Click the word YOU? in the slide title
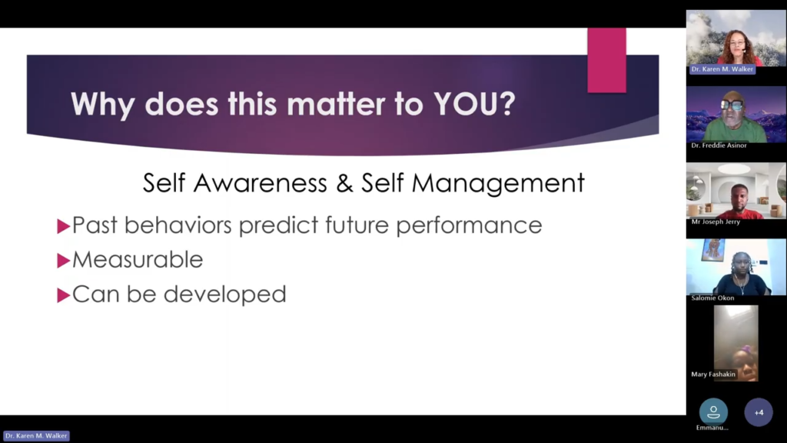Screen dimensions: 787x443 click(474, 104)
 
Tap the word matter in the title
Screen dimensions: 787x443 click(336, 104)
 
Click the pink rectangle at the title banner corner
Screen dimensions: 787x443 click(607, 60)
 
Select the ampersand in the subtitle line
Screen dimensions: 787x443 click(344, 183)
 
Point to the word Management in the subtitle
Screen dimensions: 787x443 click(498, 184)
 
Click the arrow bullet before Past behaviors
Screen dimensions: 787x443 click(63, 227)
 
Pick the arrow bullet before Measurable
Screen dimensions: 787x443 click(63, 261)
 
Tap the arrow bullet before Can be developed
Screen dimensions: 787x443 click(63, 295)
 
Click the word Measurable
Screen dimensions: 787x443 click(138, 260)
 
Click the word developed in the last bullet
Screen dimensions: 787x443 click(225, 295)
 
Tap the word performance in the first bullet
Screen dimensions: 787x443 click(469, 226)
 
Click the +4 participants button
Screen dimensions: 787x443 click(759, 412)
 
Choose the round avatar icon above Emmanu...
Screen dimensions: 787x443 click(713, 412)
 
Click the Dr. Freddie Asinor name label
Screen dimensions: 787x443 click(719, 145)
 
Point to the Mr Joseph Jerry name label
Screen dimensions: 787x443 click(716, 221)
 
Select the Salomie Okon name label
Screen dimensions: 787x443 click(712, 298)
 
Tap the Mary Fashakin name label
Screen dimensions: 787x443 click(713, 375)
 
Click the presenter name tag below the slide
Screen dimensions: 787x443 click(36, 436)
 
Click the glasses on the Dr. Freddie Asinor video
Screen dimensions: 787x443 click(732, 105)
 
